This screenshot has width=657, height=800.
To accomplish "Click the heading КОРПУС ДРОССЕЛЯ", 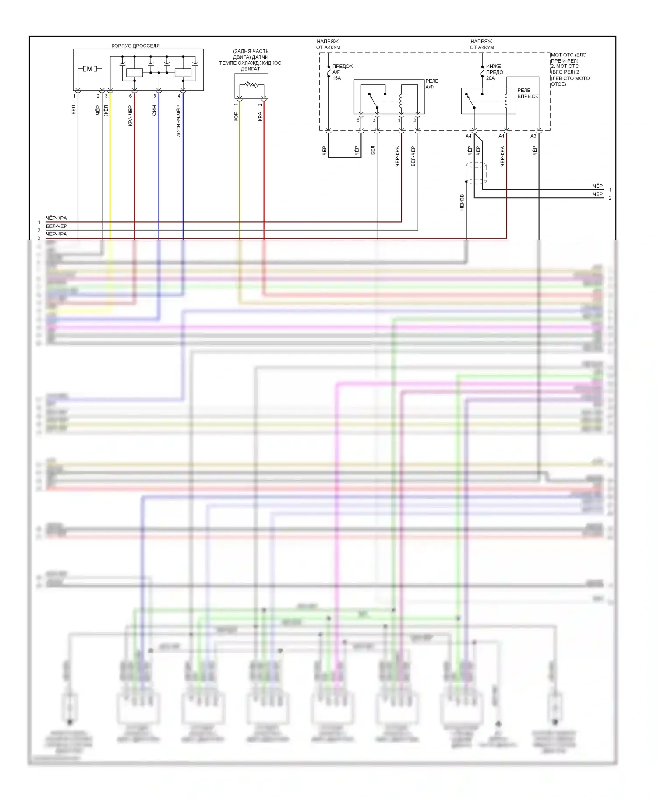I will coord(135,46).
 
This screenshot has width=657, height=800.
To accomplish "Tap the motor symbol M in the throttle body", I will coord(90,69).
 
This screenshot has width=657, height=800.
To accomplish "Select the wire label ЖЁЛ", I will coord(106,110).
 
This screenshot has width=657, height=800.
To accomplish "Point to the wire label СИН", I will coord(155,110).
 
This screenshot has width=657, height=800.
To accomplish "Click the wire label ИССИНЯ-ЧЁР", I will coord(179,121).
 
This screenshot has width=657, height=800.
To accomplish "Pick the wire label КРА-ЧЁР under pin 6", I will coord(131,116).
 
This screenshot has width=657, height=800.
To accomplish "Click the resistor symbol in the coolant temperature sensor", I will coord(251,84).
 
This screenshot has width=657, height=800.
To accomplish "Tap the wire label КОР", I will coord(236,116).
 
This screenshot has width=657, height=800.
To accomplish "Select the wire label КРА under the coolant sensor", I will coord(260,116).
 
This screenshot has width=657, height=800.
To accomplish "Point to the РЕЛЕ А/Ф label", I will coord(431,84).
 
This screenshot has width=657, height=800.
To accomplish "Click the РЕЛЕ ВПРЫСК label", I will coord(527,93).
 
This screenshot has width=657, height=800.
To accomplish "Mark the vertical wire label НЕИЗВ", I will coord(462,202).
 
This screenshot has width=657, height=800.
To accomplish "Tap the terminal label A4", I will coord(468,136).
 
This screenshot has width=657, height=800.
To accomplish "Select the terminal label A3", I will coord(533,136).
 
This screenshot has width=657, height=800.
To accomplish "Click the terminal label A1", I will coord(501,136).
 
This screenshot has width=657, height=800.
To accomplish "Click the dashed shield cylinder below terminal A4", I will coord(476,173).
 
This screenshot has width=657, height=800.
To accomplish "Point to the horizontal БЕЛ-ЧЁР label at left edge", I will coord(57,226).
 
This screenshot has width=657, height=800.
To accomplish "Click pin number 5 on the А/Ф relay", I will coord(358,120).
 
